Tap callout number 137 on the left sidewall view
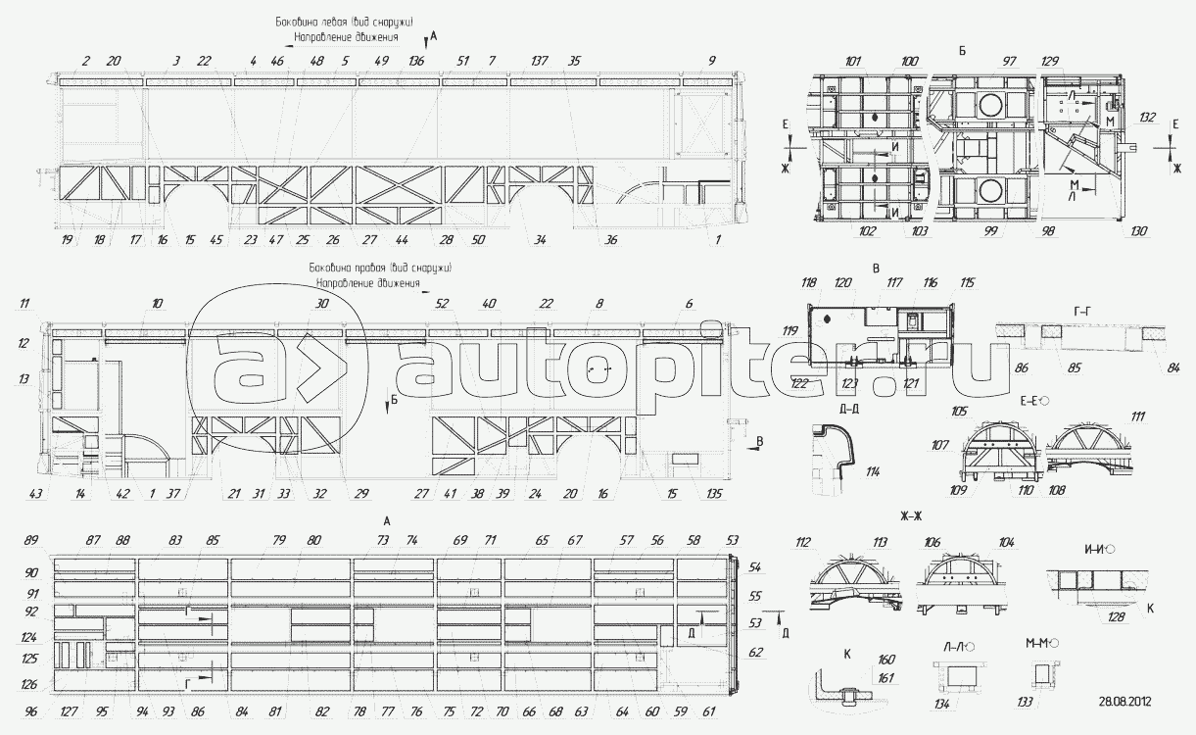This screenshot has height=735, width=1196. click(x=539, y=61)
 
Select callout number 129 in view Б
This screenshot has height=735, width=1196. click(x=1050, y=62)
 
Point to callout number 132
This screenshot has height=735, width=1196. click(x=1147, y=118)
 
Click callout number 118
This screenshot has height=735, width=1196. click(x=809, y=283)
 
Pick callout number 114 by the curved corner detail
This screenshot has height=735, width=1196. click(x=873, y=471)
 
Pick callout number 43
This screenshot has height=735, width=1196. click(x=35, y=493)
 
